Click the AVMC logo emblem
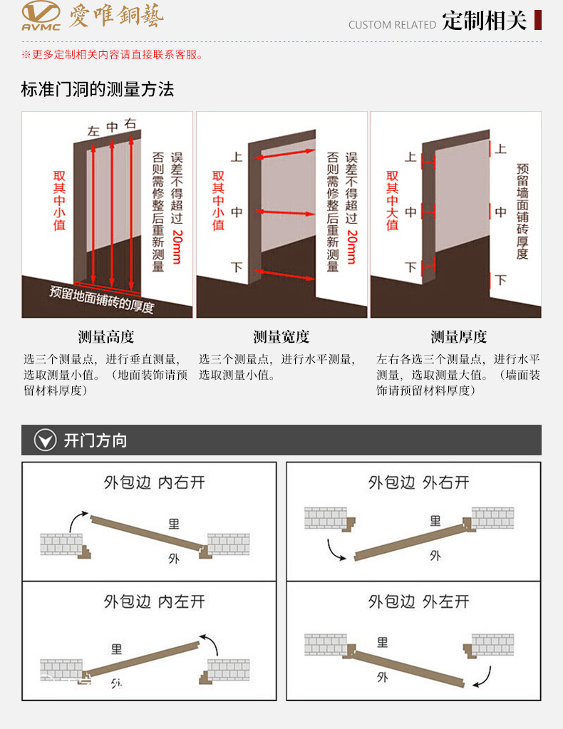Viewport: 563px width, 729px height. (x=40, y=16)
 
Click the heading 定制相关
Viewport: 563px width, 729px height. (x=484, y=21)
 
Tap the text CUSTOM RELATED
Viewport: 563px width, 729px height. (x=392, y=25)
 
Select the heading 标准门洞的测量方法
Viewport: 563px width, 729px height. (x=98, y=90)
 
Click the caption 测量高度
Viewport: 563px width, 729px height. (x=106, y=337)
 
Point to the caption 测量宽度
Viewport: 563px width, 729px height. (x=281, y=337)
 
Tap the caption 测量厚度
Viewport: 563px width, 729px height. (x=458, y=337)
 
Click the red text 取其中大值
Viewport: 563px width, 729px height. (x=392, y=200)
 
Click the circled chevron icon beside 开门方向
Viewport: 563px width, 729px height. (x=46, y=440)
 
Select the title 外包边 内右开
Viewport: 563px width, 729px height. (x=154, y=482)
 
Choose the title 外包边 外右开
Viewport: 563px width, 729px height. (x=419, y=482)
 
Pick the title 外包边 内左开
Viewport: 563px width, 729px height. (x=154, y=601)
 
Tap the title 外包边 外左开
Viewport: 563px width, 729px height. (x=419, y=601)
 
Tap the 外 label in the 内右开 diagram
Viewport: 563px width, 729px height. (x=174, y=558)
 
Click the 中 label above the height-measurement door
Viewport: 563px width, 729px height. (x=112, y=127)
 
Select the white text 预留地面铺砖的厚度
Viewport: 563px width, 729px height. (x=102, y=299)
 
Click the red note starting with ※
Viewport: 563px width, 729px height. (x=113, y=55)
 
